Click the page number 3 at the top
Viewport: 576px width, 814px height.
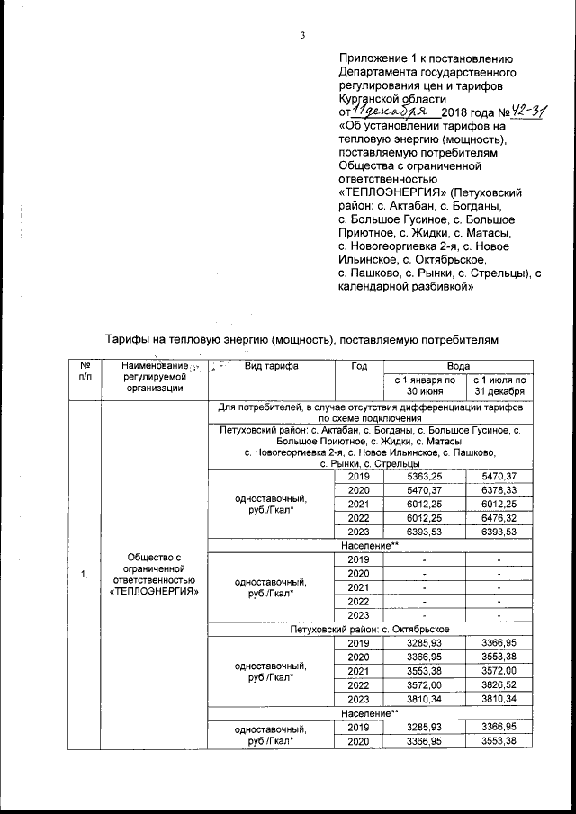coord(303,35)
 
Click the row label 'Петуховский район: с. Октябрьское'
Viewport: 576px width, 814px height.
coord(372,629)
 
